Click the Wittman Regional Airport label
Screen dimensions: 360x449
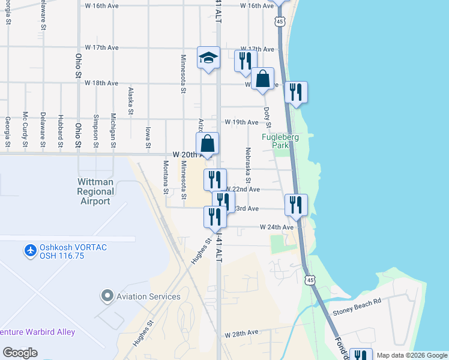coord(95,191)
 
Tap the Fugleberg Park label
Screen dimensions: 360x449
coord(280,142)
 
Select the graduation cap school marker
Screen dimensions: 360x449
coord(208,58)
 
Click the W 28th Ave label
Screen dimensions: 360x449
coord(241,332)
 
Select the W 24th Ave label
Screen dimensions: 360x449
coord(277,227)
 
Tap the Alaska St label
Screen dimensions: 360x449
coord(130,101)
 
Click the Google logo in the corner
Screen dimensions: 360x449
coord(20,353)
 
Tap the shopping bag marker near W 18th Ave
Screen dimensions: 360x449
coord(262,79)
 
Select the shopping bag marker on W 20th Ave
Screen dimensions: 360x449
coord(207,144)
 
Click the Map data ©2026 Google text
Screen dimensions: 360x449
coord(412,355)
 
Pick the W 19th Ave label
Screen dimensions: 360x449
coord(241,122)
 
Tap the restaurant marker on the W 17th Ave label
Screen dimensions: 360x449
coord(246,61)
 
